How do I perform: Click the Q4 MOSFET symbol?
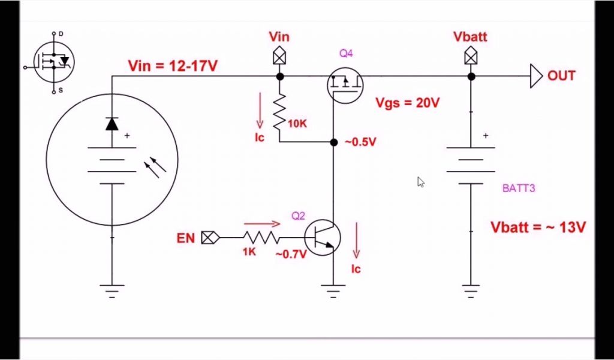[x=345, y=83]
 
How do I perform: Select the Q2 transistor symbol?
[x=322, y=238]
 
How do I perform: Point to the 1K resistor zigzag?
[x=261, y=238]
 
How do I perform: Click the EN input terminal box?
[x=209, y=238]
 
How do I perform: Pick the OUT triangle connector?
[x=536, y=76]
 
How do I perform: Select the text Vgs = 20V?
[x=407, y=103]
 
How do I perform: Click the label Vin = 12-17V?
[x=173, y=66]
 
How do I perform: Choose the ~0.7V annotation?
[x=291, y=254]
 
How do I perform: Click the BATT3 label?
[x=519, y=188]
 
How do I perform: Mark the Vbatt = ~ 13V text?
[x=538, y=227]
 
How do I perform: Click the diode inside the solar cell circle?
[x=112, y=124]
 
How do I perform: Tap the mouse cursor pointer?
[x=421, y=181]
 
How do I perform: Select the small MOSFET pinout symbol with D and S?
[x=54, y=62]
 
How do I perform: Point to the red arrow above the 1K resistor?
[x=261, y=224]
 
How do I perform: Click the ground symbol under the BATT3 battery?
[x=471, y=290]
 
